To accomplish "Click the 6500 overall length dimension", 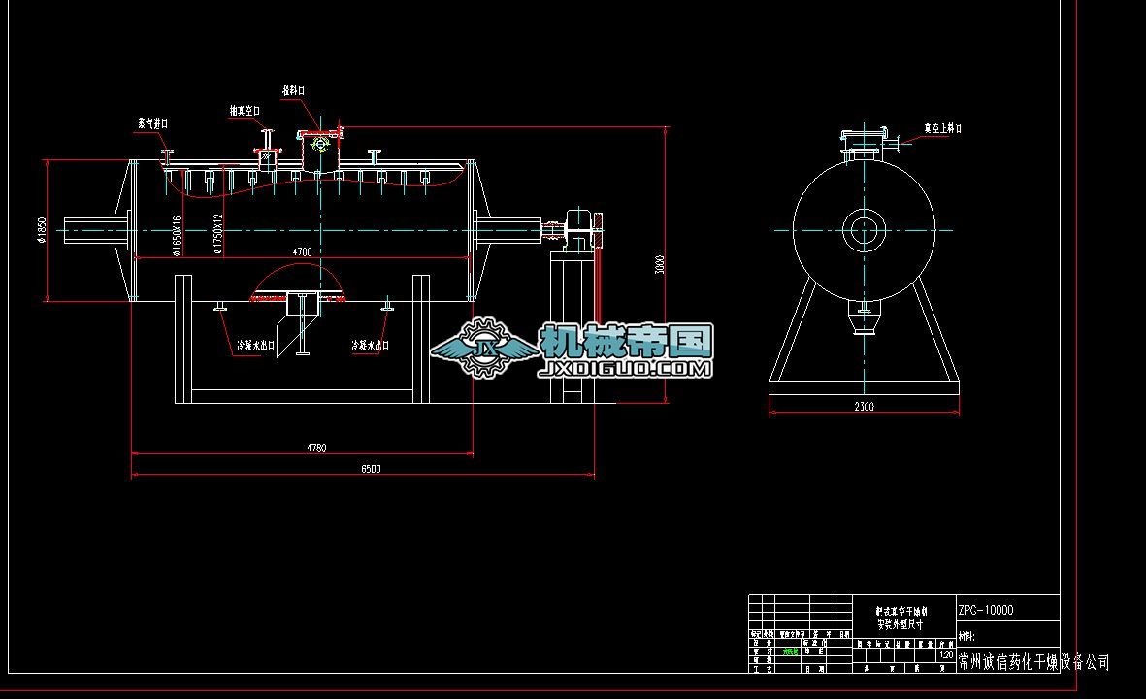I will [x=371, y=469].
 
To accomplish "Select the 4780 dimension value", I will [x=316, y=448].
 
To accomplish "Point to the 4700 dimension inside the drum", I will [x=302, y=251].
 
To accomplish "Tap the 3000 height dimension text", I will [x=660, y=264].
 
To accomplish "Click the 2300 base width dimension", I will [x=864, y=407].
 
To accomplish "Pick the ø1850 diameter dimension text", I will [x=41, y=230].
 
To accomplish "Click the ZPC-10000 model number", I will [x=986, y=610].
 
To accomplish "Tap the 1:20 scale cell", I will [x=945, y=655].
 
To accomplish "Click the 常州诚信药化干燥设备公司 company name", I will [x=1033, y=662].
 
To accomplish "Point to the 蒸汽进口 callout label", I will [x=152, y=124].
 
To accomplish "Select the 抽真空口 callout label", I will [x=245, y=111].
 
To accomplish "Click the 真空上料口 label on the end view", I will [x=942, y=128].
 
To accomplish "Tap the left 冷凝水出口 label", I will [x=256, y=345].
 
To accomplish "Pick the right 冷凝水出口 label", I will [x=370, y=345].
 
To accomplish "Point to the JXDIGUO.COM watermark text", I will [x=626, y=369].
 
